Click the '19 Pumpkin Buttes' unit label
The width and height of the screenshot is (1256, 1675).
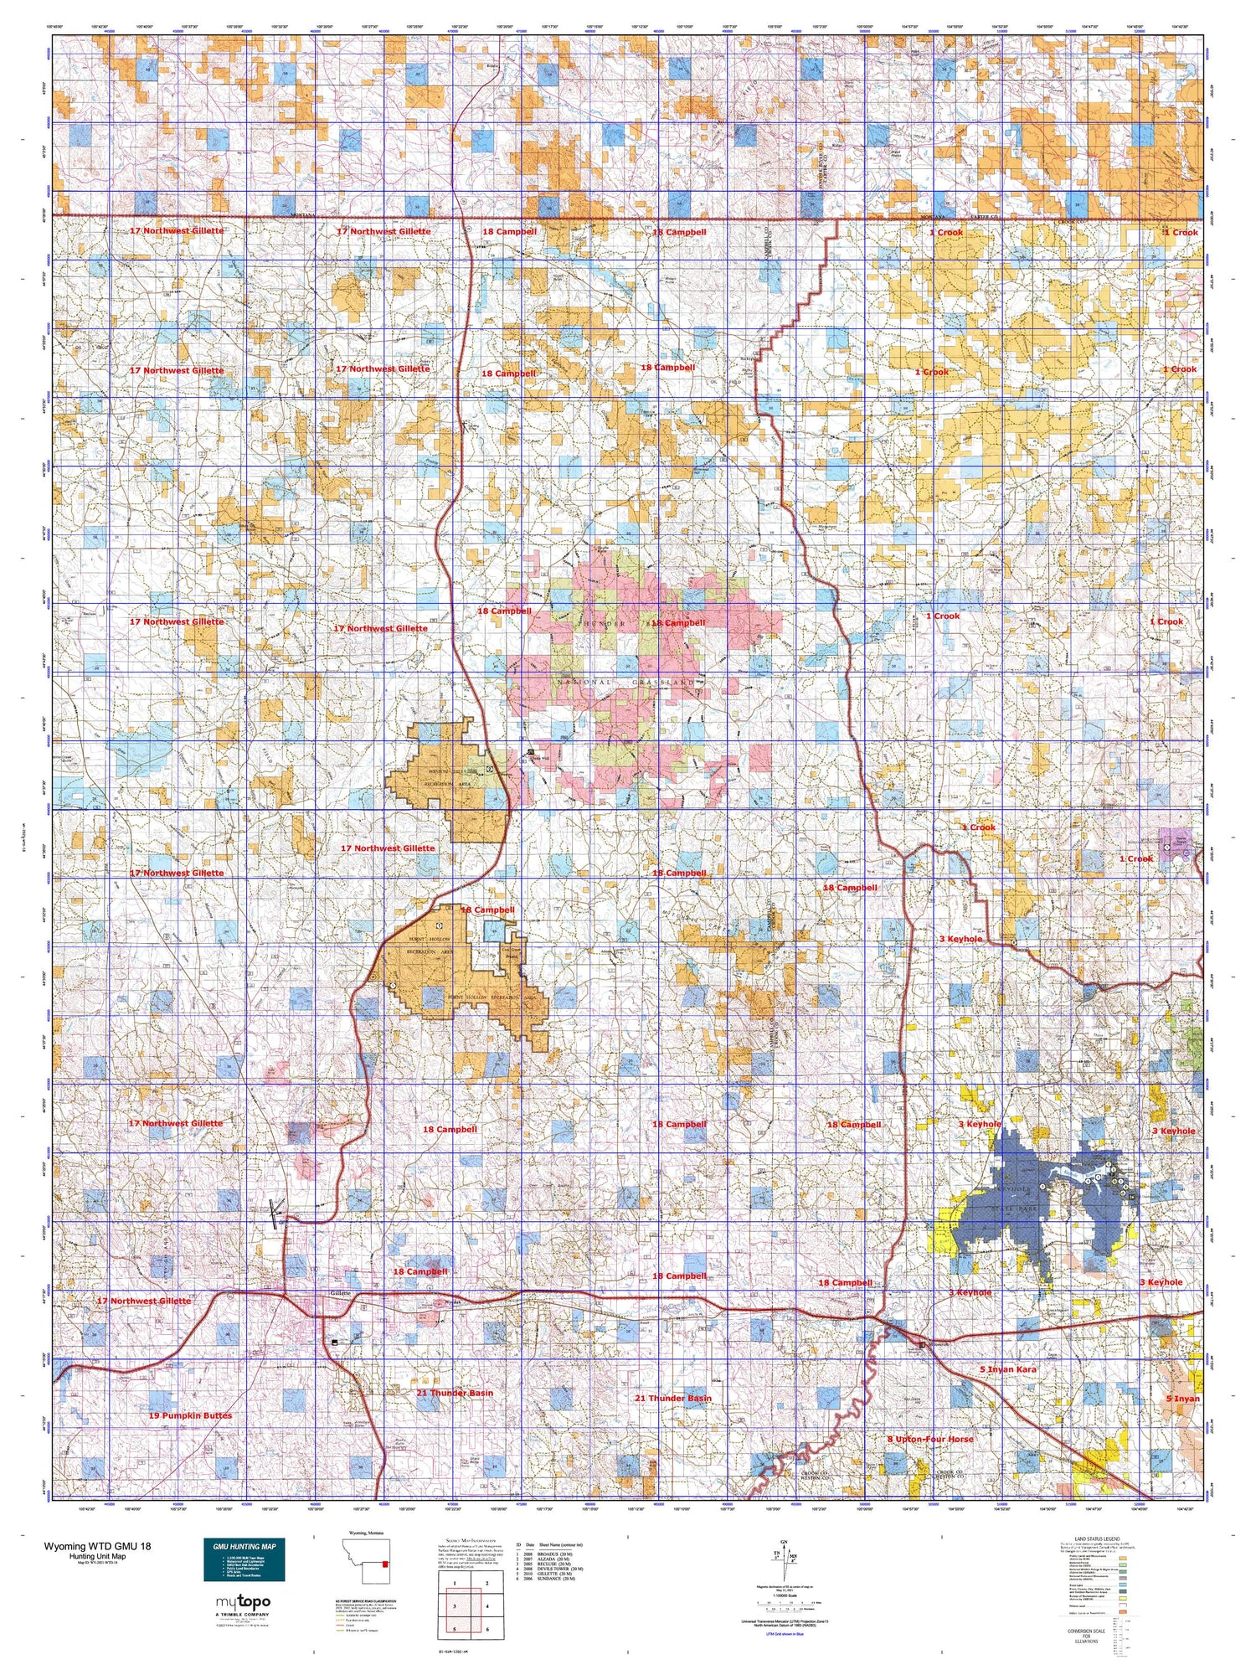190,1415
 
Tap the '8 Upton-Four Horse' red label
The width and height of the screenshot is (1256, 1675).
930,1439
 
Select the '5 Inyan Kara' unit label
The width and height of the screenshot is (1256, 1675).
1008,1369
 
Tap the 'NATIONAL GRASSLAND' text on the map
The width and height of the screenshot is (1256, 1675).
626,683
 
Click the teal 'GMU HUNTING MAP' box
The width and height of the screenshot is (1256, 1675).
244,1559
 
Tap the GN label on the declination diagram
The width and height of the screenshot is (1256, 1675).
784,1543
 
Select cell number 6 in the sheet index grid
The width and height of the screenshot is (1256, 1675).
486,1629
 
